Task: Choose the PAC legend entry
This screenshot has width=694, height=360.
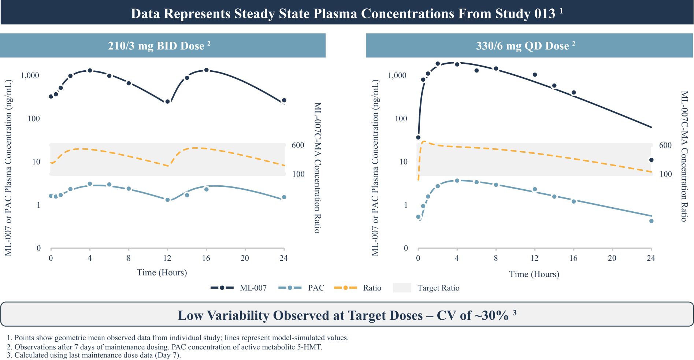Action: coord(301,288)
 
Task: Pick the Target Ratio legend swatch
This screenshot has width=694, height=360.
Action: coord(402,288)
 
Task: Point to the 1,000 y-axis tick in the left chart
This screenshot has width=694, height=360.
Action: coord(30,75)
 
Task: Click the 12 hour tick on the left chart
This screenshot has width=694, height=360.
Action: coord(167,258)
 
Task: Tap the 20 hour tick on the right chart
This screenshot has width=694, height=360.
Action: coord(612,258)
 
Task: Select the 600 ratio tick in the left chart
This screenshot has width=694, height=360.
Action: coord(298,145)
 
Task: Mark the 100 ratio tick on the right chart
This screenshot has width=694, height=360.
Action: coord(665,174)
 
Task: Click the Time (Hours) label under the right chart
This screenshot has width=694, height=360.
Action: coord(534,274)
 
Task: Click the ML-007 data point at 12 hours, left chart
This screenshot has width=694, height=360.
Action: coord(167,101)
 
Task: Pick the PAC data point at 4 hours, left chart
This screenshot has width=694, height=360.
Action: coord(90,184)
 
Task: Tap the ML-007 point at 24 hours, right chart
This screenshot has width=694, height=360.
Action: coord(651,160)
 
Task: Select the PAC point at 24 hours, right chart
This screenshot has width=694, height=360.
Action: coord(651,221)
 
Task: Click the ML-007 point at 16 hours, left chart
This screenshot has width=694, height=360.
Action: coord(206,70)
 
